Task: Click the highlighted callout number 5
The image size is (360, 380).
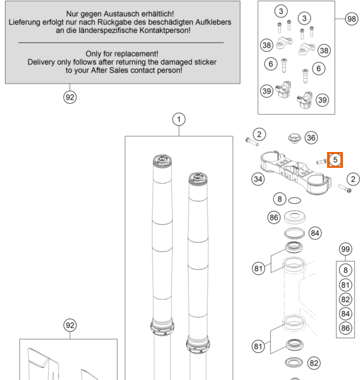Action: [x=335, y=160]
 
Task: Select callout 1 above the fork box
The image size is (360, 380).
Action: [x=179, y=119]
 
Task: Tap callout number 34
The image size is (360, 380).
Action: [x=258, y=179]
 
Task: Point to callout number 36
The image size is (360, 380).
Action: [x=311, y=137]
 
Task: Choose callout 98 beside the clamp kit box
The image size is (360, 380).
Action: [x=352, y=18]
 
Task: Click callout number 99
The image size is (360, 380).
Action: [x=345, y=249]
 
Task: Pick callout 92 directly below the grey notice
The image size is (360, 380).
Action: [x=70, y=97]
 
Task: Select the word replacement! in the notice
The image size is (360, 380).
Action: [x=136, y=54]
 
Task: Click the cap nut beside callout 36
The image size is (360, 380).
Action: [x=294, y=138]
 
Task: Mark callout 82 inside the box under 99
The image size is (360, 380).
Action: [x=345, y=300]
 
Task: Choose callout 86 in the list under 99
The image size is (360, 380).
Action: [x=345, y=328]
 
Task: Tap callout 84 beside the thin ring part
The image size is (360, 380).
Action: [x=314, y=233]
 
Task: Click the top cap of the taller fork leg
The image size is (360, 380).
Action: [x=162, y=160]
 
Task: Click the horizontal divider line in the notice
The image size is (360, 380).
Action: [x=121, y=42]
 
